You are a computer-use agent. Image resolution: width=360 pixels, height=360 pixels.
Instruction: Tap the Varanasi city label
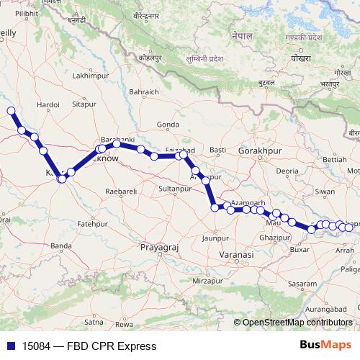[238, 255]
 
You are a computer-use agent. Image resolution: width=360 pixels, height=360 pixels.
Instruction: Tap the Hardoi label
[48, 104]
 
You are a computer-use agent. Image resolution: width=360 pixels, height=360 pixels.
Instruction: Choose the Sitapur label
[84, 104]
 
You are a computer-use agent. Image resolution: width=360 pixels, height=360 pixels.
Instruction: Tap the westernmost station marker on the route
[11, 111]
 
